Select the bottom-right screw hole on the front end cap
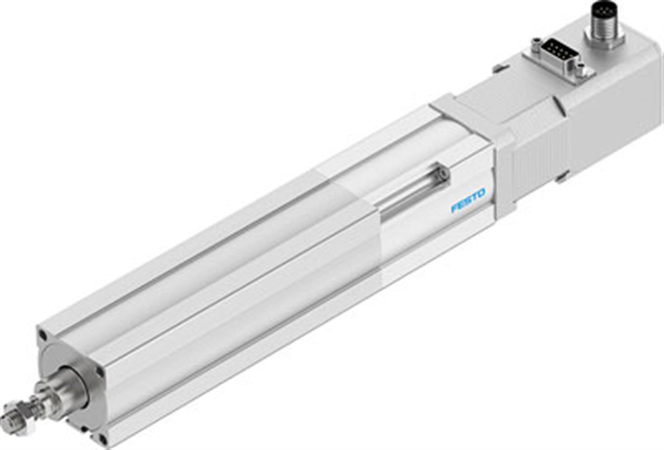102,438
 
